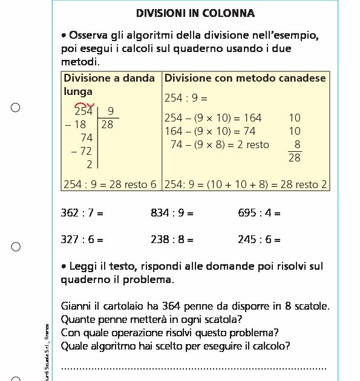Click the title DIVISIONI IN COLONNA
click(x=195, y=13)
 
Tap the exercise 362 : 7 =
click(x=82, y=213)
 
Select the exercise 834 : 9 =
click(x=172, y=213)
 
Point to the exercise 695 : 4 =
click(x=259, y=213)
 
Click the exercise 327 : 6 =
click(x=82, y=239)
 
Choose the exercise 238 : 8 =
click(x=172, y=239)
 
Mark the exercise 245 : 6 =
click(x=259, y=239)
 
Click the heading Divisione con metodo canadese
click(x=245, y=78)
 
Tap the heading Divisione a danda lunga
click(x=109, y=84)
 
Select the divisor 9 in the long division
click(x=110, y=111)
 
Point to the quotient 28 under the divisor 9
click(x=107, y=125)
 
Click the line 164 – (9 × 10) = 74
click(x=210, y=131)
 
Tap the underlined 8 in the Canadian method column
click(x=296, y=145)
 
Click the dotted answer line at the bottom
click(x=194, y=367)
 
